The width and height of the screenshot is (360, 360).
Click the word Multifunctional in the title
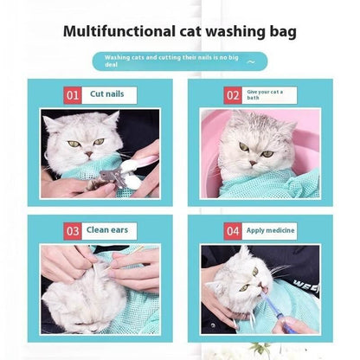point(122,33)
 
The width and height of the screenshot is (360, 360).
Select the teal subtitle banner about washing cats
point(181,61)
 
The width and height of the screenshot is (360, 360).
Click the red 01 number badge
point(73,94)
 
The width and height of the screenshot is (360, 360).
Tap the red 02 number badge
point(234,94)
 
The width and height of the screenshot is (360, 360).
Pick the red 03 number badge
point(73,230)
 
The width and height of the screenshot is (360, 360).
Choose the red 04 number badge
point(233,230)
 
